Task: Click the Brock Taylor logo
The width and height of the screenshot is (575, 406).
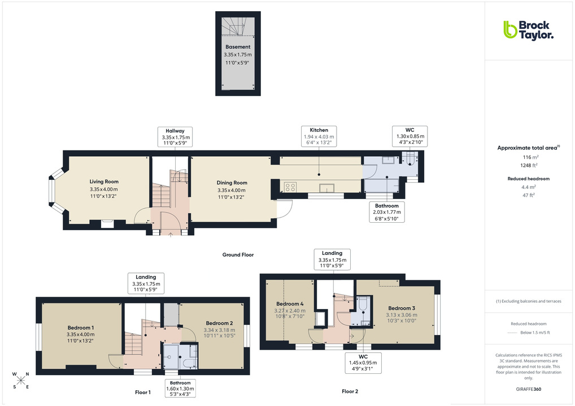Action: coord(528,30)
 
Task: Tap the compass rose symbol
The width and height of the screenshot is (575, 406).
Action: coord(21,381)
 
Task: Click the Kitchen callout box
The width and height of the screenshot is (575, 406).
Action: coord(319,136)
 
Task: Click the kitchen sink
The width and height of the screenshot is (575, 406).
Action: coord(328,188)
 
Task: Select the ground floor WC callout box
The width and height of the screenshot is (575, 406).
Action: coord(410,136)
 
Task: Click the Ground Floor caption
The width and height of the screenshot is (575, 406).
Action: coord(238,255)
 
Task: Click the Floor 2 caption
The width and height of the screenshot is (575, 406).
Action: coord(350,391)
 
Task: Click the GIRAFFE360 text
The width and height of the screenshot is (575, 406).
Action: coord(529,389)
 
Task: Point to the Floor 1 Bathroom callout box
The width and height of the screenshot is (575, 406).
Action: coord(180,389)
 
